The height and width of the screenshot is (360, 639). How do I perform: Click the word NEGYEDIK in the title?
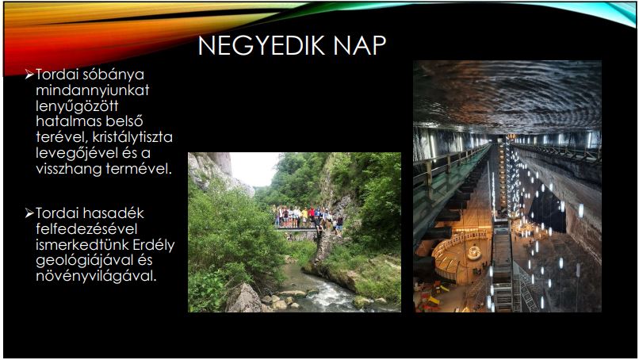click(262, 45)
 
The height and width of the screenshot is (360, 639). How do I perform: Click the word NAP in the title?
click(359, 45)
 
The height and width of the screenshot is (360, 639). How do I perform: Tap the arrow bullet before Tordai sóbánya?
click(29, 75)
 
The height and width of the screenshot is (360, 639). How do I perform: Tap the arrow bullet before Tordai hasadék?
click(29, 213)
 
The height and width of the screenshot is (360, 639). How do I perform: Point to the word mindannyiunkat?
click(93, 90)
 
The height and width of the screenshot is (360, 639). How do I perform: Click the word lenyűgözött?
click(77, 106)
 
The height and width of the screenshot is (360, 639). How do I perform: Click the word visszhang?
click(68, 169)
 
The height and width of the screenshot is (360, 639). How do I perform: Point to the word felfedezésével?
click(86, 228)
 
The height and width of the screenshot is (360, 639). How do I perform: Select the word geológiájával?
click(84, 261)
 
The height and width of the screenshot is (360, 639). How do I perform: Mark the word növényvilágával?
click(96, 276)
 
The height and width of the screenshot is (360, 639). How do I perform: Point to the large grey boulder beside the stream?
click(243, 298)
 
